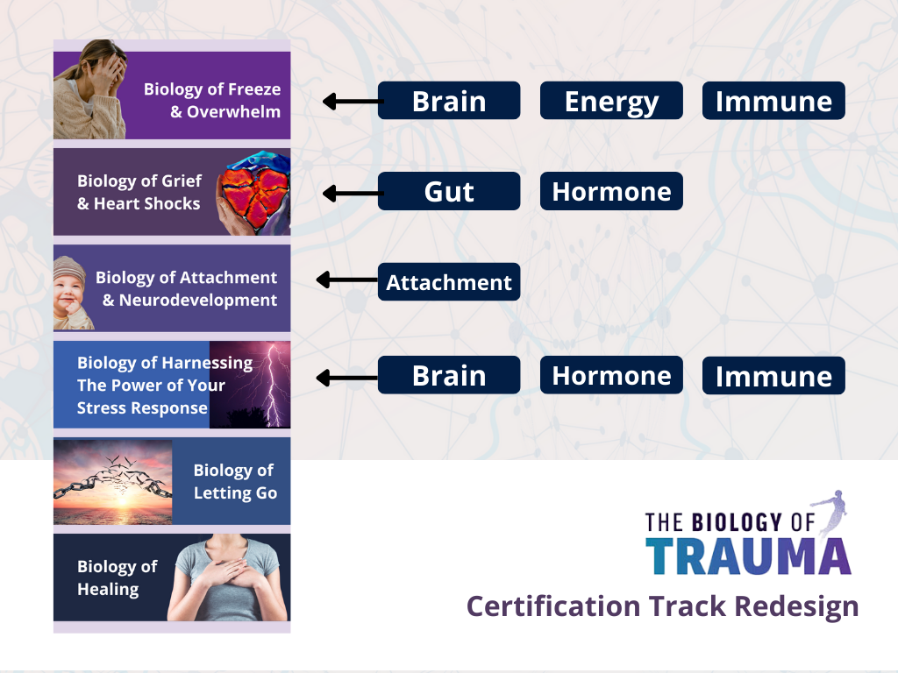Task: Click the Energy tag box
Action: tap(611, 101)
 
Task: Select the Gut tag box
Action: tap(449, 191)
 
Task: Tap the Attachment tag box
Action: tap(449, 281)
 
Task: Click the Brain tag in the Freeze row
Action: tap(449, 101)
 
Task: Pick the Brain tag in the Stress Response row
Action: tap(449, 375)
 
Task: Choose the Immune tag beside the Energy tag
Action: tap(773, 101)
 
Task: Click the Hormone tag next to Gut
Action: tap(611, 191)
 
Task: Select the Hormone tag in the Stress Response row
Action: tap(611, 375)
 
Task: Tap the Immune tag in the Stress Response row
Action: tap(773, 375)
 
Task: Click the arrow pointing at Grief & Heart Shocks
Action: tap(353, 194)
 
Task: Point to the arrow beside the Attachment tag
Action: tap(347, 280)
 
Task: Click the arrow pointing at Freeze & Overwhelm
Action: tap(353, 102)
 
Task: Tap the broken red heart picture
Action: tap(253, 193)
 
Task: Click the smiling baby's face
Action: tap(69, 292)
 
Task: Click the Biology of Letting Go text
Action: tap(235, 481)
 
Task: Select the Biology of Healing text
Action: tap(117, 577)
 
